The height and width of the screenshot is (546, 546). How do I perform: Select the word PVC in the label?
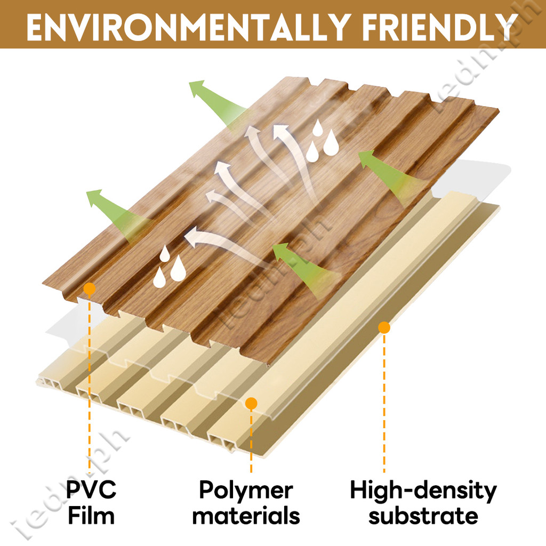[x=91, y=490]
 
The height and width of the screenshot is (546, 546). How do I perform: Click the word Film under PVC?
[x=91, y=516]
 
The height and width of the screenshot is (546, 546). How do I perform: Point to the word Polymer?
[x=246, y=490]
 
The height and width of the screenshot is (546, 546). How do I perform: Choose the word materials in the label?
[x=246, y=516]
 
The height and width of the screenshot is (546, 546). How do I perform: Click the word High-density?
[x=423, y=490]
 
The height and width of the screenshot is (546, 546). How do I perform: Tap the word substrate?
[x=423, y=516]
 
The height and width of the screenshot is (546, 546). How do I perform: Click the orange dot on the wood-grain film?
[x=89, y=289]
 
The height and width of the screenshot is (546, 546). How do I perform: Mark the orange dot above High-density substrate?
[x=384, y=327]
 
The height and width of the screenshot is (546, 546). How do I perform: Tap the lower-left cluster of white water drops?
[x=170, y=267]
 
